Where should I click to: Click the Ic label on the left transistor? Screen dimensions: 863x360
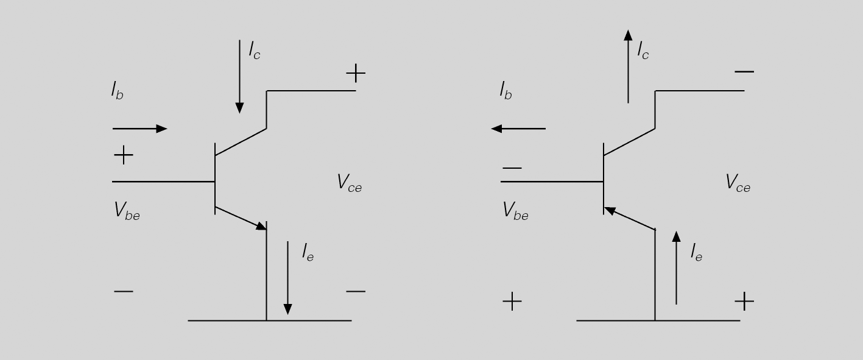point(255,51)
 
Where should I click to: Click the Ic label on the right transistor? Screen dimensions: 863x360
point(643,51)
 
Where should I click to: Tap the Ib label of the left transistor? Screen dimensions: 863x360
point(117,91)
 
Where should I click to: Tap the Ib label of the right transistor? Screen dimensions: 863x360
point(506,91)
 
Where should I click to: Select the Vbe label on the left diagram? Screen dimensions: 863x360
point(127,211)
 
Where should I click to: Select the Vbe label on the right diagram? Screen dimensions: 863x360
point(515,211)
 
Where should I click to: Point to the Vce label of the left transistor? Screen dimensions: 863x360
point(350,183)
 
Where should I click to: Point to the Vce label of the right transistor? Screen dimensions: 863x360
point(738,183)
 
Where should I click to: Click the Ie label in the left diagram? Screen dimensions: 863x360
point(308,252)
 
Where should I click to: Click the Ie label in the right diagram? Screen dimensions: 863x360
point(697,252)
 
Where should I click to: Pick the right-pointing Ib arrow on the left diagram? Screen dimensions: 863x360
point(140,129)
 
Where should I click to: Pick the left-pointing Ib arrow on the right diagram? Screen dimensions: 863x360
point(518,129)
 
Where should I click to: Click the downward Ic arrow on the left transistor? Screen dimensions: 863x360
point(239,77)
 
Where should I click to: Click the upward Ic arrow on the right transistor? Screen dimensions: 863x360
point(628,66)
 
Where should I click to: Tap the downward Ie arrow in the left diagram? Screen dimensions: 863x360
point(287,278)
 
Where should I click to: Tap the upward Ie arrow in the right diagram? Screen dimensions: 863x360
point(676,268)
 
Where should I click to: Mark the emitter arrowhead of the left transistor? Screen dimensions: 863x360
point(262,226)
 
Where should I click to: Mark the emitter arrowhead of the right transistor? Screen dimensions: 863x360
point(610,211)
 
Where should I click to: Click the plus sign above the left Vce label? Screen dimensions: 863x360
point(356,73)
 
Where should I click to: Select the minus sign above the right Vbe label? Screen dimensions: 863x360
point(512,168)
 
